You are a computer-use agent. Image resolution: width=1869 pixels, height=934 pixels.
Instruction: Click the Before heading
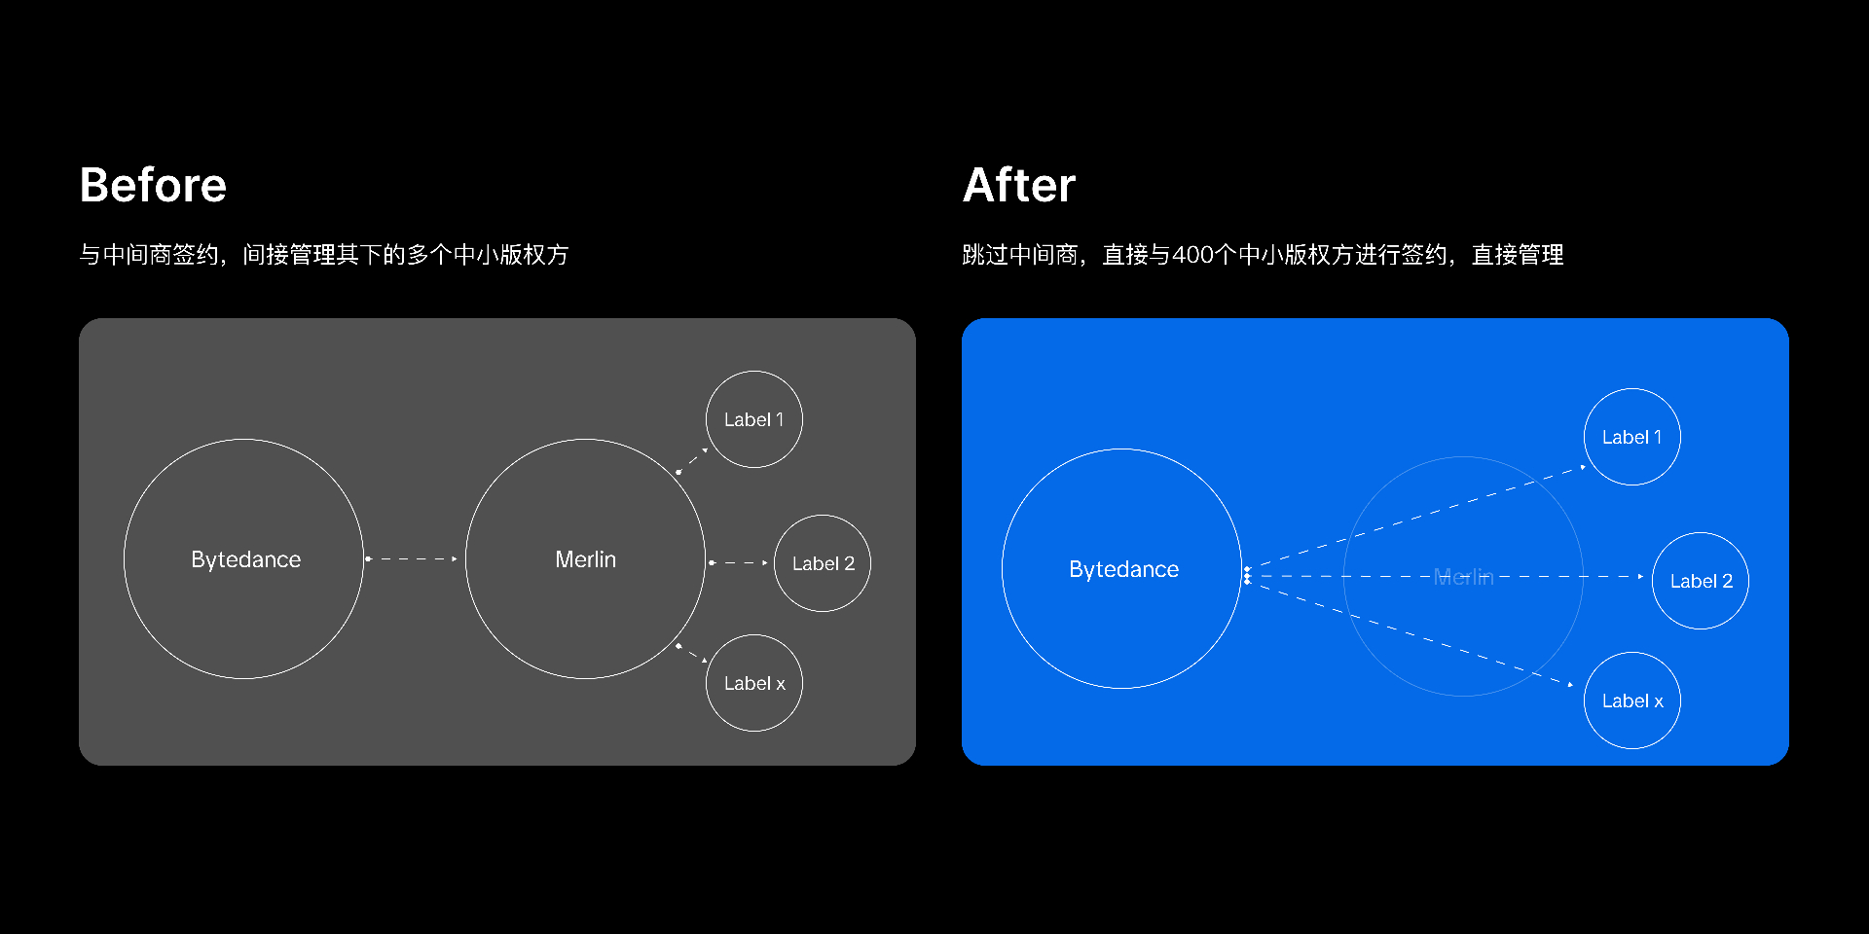[x=153, y=185]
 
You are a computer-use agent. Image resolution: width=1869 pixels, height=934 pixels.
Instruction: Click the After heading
[x=1019, y=185]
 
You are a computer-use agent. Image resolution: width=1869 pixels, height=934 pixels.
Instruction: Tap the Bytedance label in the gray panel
[x=245, y=559]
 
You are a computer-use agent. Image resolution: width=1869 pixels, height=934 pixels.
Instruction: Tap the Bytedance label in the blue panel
[x=1123, y=569]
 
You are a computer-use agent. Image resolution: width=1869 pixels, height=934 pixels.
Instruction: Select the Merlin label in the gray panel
[x=585, y=559]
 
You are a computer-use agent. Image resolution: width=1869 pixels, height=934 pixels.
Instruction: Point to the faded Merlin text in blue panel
[x=1463, y=577]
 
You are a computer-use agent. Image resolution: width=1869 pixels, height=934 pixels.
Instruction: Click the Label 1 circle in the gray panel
[x=754, y=372]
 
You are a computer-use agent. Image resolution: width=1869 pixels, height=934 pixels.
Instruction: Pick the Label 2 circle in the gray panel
[x=823, y=516]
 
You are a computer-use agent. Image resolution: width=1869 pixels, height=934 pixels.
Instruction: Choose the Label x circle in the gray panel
[x=754, y=635]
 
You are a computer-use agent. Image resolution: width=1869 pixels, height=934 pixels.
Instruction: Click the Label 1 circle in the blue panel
[x=1632, y=389]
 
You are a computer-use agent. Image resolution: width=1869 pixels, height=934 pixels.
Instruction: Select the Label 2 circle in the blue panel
[x=1701, y=533]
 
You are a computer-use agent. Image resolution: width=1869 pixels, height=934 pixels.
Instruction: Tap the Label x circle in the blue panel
[x=1632, y=653]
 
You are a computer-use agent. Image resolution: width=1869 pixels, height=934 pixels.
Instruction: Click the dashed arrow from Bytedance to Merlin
[x=411, y=559]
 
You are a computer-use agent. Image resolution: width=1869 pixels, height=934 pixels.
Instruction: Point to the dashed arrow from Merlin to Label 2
[x=739, y=563]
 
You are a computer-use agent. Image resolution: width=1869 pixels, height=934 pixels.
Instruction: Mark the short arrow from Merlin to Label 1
[x=692, y=460]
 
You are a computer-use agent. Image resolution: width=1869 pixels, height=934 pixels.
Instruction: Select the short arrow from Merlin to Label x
[x=692, y=653]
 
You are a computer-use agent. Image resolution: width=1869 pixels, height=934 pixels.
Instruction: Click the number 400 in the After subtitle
[x=1192, y=255]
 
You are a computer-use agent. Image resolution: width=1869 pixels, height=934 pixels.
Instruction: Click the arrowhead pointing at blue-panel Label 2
[x=1641, y=577]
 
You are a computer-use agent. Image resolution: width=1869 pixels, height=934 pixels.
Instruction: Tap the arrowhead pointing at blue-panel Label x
[x=1570, y=685]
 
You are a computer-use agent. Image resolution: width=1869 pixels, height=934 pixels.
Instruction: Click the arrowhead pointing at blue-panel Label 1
[x=1583, y=467]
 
